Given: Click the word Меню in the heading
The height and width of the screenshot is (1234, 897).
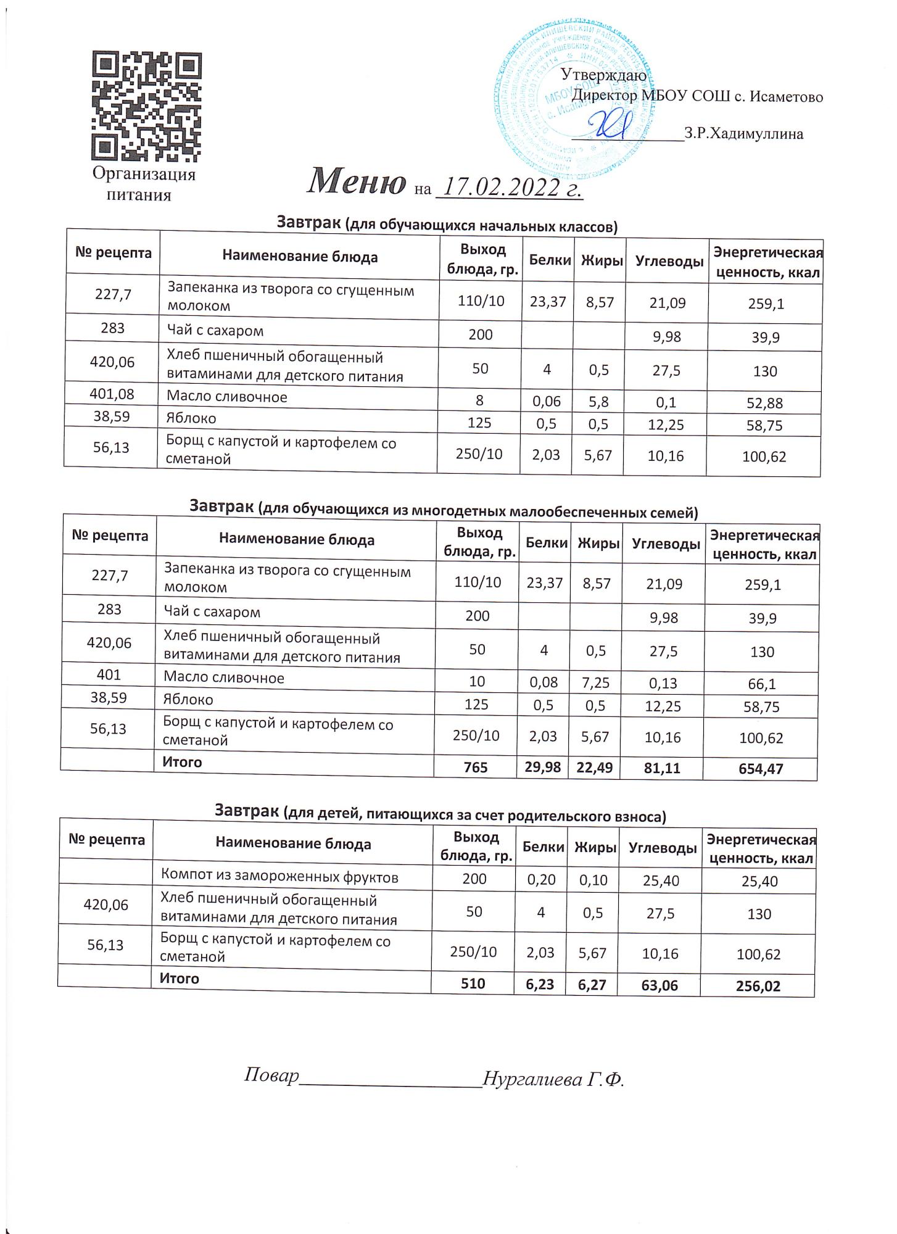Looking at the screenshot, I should [x=357, y=181].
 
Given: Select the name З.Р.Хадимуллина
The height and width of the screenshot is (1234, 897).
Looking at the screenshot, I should [x=743, y=134].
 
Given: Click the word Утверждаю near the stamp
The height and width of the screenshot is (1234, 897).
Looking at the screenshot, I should [x=603, y=75].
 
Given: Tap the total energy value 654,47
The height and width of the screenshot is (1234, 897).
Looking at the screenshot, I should [x=763, y=769].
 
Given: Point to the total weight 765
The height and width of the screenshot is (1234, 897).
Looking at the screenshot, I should [x=476, y=767].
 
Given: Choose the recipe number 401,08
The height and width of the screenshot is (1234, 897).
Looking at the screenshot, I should [x=112, y=394].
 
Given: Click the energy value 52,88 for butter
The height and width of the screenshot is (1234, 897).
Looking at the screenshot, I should [x=764, y=404].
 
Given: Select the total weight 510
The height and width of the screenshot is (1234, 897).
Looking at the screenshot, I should [x=473, y=983].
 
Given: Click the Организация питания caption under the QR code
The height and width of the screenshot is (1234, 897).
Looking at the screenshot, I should [x=144, y=184].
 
